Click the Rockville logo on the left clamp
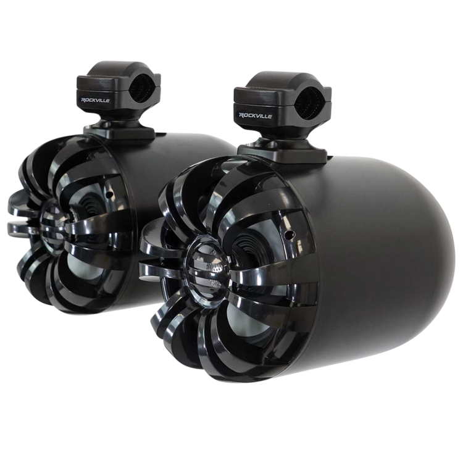point(95,100)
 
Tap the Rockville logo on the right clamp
point(255,115)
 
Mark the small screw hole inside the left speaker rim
point(110,194)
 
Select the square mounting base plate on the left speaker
point(119,132)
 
